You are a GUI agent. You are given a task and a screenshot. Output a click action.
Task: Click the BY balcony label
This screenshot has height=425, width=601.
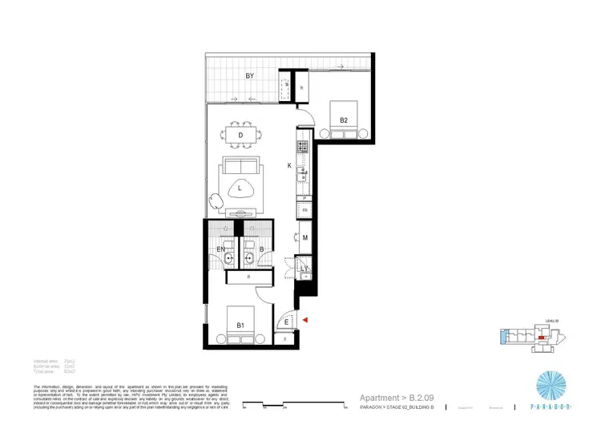[250, 77]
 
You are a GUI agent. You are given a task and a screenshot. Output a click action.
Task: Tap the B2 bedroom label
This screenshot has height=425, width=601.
[343, 120]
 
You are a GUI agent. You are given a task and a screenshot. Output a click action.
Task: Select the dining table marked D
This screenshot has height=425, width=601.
[240, 136]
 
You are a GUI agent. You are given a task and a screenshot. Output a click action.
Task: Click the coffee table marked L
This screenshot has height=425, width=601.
[240, 188]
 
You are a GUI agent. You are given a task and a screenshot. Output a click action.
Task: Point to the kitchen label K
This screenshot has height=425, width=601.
[289, 165]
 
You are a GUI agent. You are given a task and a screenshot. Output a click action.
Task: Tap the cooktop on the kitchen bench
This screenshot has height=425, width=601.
[303, 148]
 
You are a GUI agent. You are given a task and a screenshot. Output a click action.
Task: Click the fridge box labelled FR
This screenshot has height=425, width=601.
[305, 211]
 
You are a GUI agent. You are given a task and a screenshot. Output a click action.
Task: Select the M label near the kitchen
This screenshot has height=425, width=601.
[305, 237]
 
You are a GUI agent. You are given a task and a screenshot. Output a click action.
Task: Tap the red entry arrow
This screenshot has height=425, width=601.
[304, 321]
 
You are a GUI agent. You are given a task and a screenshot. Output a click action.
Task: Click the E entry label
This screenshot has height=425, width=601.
[287, 322]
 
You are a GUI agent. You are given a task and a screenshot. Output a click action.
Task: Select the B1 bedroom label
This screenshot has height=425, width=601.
[240, 325]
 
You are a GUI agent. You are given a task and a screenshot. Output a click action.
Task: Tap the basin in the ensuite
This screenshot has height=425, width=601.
[229, 258]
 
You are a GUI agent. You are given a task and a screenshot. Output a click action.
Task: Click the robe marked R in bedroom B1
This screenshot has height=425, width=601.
[250, 277]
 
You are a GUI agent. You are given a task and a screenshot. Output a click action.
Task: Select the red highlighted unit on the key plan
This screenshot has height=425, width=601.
[543, 338]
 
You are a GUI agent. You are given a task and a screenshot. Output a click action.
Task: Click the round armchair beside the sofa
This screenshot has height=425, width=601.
[215, 201]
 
